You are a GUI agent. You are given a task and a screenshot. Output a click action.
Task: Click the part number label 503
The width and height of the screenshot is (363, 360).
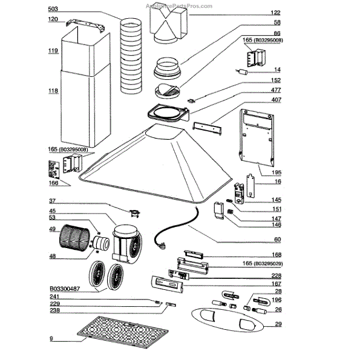53,10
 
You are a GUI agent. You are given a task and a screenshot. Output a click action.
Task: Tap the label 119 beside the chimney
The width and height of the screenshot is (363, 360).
53,51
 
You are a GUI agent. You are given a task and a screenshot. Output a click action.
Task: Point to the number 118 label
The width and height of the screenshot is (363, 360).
53,91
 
